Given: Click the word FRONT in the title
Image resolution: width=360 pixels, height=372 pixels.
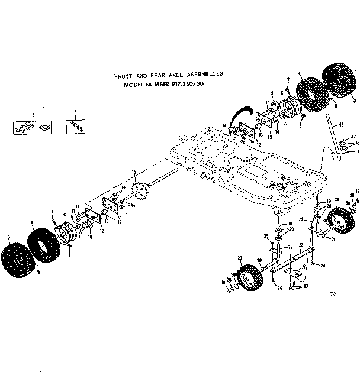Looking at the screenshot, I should (124, 76).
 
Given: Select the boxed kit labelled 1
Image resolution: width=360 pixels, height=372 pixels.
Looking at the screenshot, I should (75, 125).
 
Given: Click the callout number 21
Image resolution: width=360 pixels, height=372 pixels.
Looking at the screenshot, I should (333, 239).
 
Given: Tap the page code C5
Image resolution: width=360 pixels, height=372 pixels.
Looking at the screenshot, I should (334, 293).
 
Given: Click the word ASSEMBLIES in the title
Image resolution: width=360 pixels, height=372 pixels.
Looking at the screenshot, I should (203, 75).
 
